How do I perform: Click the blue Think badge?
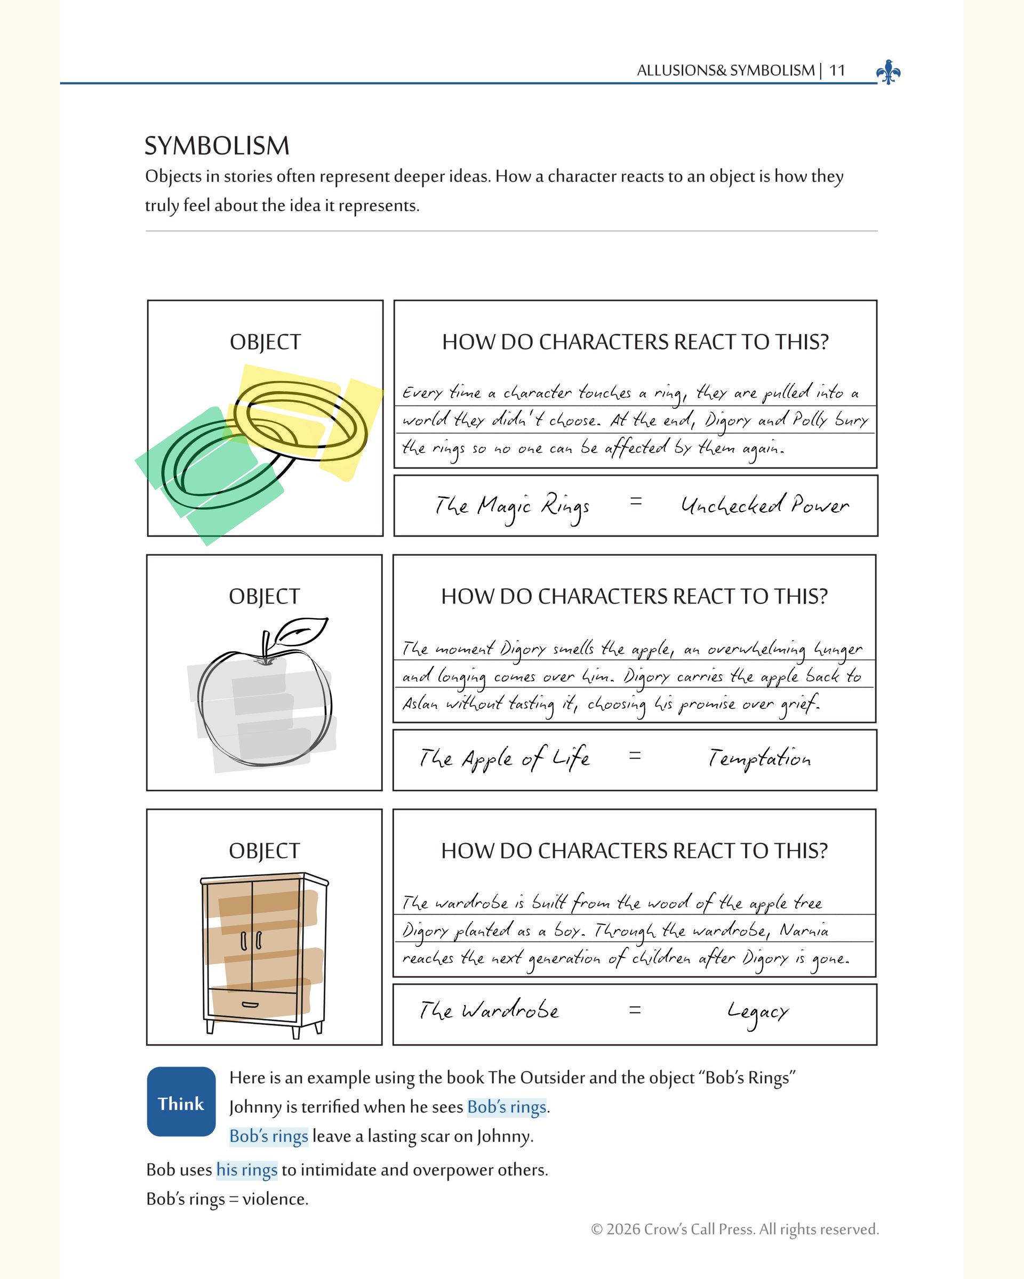coord(181,1102)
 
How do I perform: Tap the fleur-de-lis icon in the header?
coord(888,72)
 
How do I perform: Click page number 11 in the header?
coord(837,70)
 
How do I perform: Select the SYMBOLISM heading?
coord(217,146)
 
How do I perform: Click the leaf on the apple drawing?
coord(303,630)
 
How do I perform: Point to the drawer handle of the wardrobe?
coord(251,1005)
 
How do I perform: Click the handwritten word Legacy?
coord(758,1013)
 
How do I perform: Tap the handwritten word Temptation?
coord(759,759)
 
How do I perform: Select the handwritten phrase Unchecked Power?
coord(765,505)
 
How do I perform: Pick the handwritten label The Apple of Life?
coord(505,759)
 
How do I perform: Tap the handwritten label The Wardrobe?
coord(489,1010)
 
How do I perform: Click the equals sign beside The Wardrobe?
coord(635,1010)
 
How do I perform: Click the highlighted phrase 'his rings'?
coord(247,1170)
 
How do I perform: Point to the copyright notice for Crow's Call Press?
coord(734,1228)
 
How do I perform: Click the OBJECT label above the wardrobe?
coord(264,851)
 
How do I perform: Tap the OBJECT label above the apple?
coord(264,596)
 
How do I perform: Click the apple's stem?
coord(266,645)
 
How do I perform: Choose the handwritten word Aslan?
coord(420,704)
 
